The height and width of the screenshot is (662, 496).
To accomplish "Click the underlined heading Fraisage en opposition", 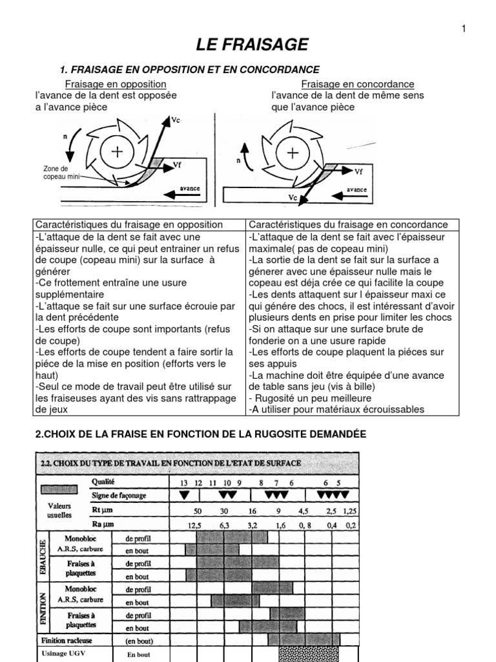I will pos(116,85).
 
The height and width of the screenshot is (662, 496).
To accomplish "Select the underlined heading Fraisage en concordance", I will pos(358,85).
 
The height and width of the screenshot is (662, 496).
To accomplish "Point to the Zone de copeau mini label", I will pos(56,172).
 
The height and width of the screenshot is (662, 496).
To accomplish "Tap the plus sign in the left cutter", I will pos(116,152).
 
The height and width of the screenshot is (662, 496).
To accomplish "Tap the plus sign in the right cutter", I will pos(293,153).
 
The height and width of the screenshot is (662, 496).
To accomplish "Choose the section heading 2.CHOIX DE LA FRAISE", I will pos(200,435).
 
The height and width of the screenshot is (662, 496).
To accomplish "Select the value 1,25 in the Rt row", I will pos(349,511).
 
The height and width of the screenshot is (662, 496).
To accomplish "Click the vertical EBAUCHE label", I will pos(43,555).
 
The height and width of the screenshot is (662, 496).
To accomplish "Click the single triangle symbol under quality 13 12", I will pos(185,495).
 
